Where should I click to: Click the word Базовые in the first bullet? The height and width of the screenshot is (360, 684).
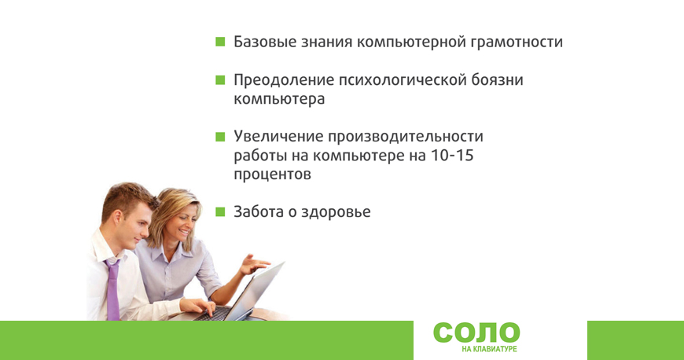(263, 42)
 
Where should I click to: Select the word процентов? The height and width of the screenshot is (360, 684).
(272, 175)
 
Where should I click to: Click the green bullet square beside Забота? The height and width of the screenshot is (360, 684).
(220, 212)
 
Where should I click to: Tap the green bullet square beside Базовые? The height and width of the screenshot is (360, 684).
(220, 42)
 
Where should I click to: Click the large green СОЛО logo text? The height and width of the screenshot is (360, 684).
(476, 333)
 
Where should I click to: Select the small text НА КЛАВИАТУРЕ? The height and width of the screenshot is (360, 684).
(489, 349)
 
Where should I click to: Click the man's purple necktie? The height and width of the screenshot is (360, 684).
(113, 290)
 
